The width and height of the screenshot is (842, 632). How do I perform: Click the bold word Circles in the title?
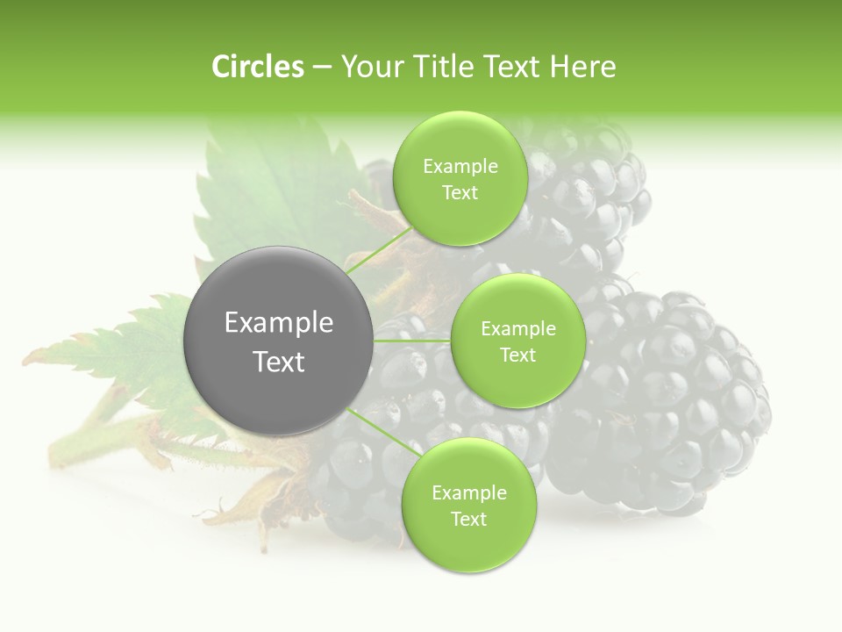click(x=257, y=67)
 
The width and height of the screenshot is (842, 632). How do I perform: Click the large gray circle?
click(x=279, y=341)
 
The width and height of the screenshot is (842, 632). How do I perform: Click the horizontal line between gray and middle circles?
click(x=412, y=341)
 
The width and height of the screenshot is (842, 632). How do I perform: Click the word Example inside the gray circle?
click(x=279, y=323)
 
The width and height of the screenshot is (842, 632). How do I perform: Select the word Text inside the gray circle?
click(x=279, y=362)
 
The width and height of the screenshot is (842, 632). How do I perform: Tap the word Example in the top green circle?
click(x=460, y=167)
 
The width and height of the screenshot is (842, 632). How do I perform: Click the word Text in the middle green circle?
click(x=517, y=355)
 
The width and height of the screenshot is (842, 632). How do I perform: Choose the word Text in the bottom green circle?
click(x=468, y=519)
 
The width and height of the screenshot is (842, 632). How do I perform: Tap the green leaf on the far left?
click(x=132, y=351)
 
